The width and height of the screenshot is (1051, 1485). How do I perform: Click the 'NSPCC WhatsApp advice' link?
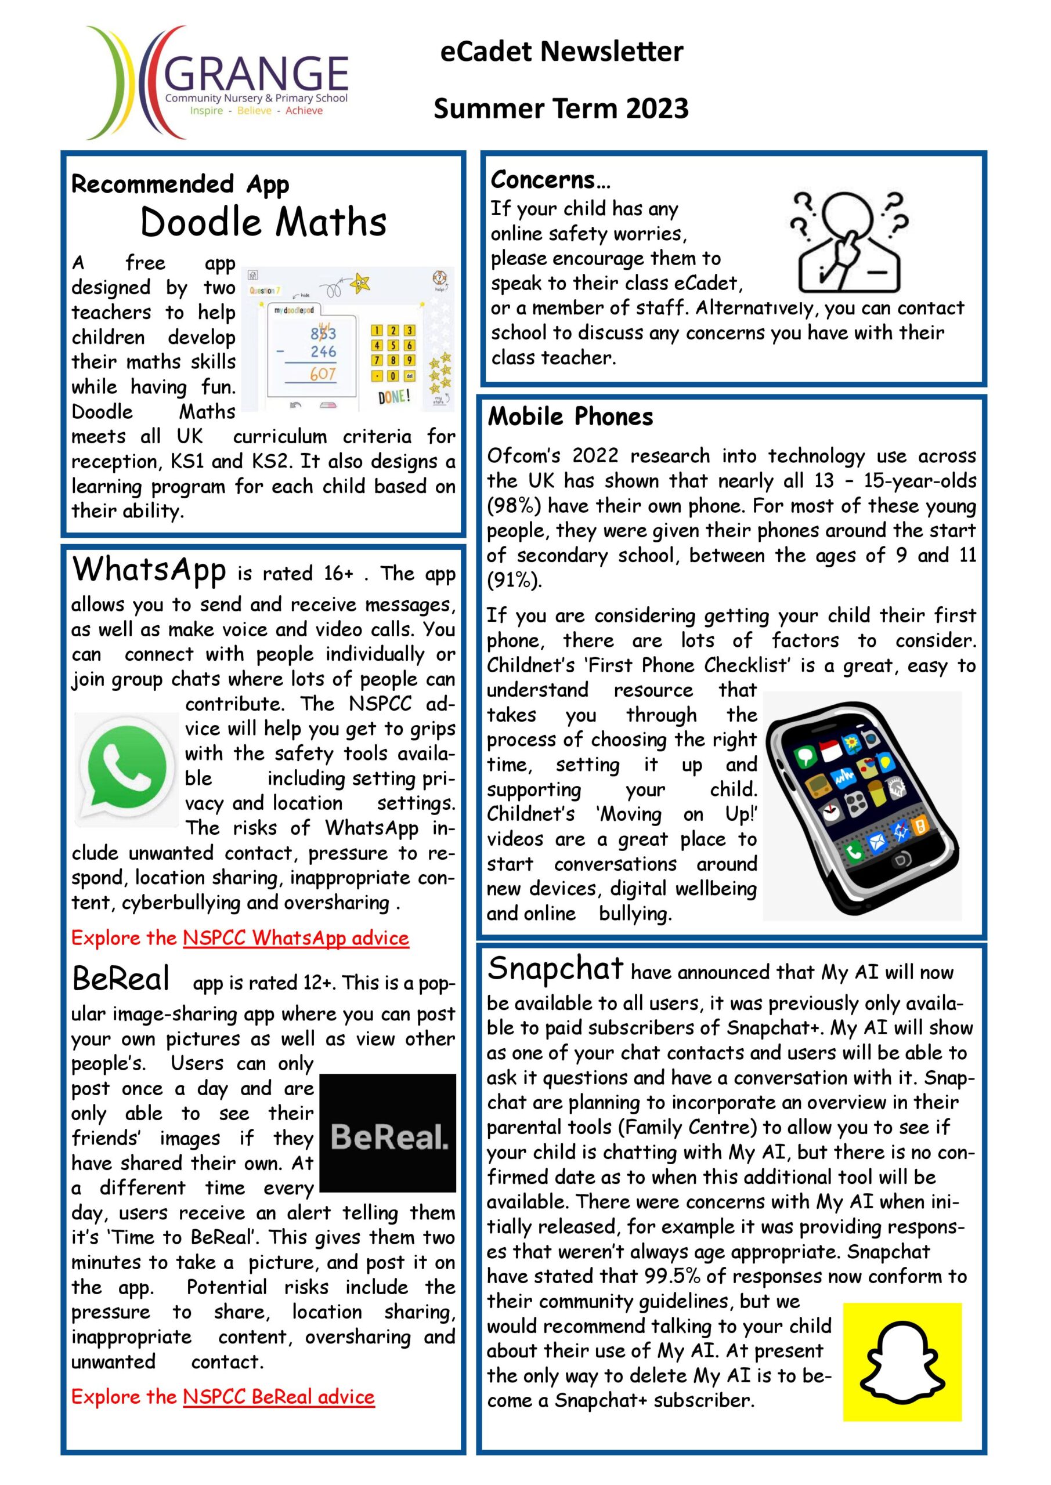(x=296, y=938)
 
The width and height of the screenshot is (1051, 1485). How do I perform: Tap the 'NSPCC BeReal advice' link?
(x=279, y=1396)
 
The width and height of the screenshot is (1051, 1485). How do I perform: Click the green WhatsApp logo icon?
(x=127, y=769)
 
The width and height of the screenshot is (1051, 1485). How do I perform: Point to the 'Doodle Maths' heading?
(x=263, y=223)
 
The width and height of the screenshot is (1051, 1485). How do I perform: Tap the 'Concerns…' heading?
(x=550, y=180)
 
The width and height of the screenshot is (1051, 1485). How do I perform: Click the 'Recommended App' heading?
(x=180, y=184)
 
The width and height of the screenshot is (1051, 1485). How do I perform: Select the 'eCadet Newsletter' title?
(x=561, y=52)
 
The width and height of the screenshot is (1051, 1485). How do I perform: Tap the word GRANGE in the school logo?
(x=258, y=73)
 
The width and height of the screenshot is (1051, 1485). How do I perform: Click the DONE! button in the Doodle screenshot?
(x=393, y=396)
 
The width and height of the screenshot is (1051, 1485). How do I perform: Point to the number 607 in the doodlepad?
(x=322, y=374)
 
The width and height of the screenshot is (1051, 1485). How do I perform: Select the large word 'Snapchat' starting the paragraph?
(x=555, y=968)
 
